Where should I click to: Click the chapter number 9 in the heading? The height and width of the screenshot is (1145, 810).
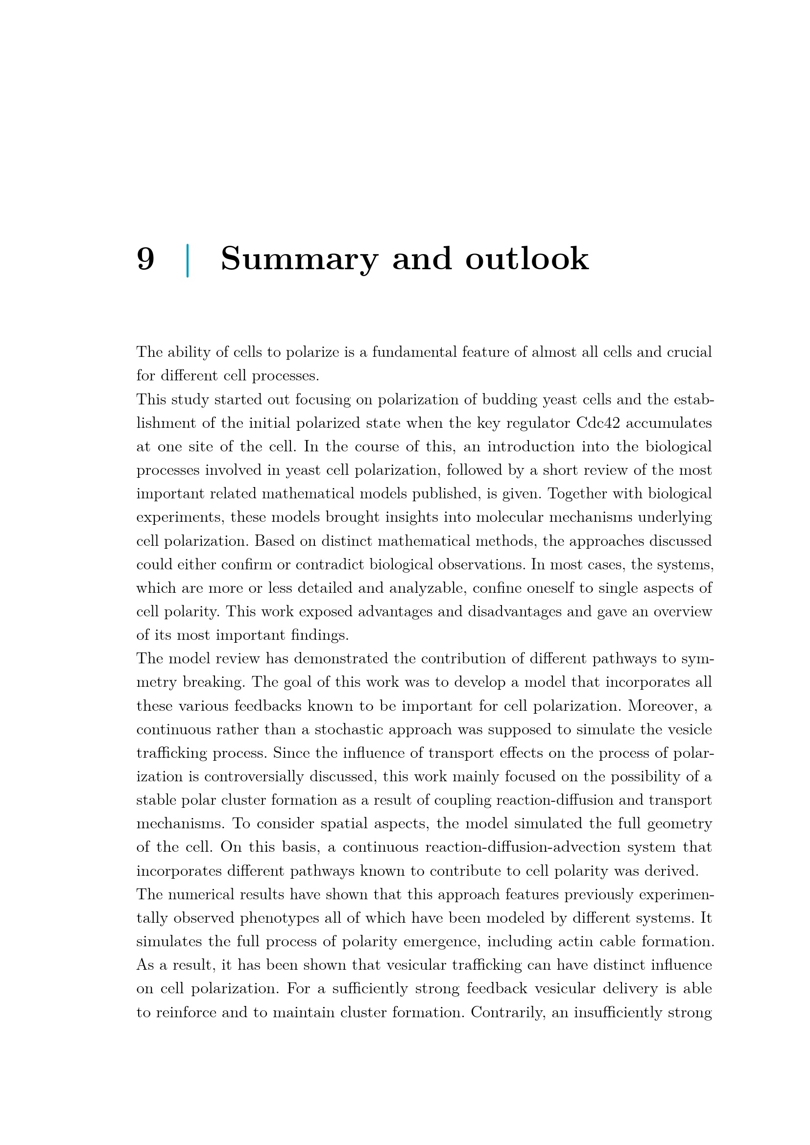pyautogui.click(x=145, y=259)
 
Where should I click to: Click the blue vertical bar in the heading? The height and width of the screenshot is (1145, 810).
pyautogui.click(x=188, y=260)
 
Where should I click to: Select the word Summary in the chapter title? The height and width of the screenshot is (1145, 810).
pyautogui.click(x=299, y=259)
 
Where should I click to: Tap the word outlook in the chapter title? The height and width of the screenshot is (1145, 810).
pyautogui.click(x=527, y=259)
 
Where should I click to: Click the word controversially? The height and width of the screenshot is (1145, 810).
pyautogui.click(x=254, y=776)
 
